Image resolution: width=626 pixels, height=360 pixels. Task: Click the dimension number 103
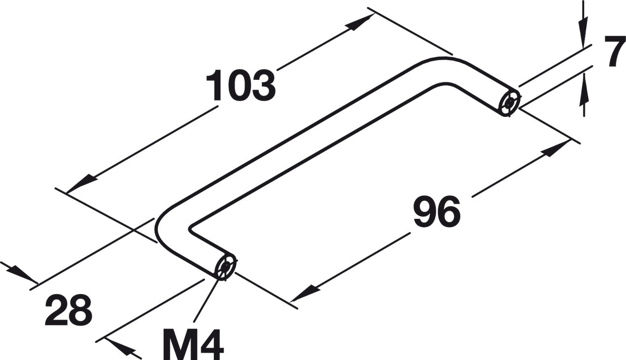[240, 85]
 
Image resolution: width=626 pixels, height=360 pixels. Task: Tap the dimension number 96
[436, 212]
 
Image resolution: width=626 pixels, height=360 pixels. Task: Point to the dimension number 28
[69, 310]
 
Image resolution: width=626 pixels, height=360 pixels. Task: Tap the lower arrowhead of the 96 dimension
[303, 294]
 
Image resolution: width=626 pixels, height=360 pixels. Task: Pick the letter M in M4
[178, 340]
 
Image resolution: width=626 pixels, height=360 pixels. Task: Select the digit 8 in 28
[80, 310]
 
